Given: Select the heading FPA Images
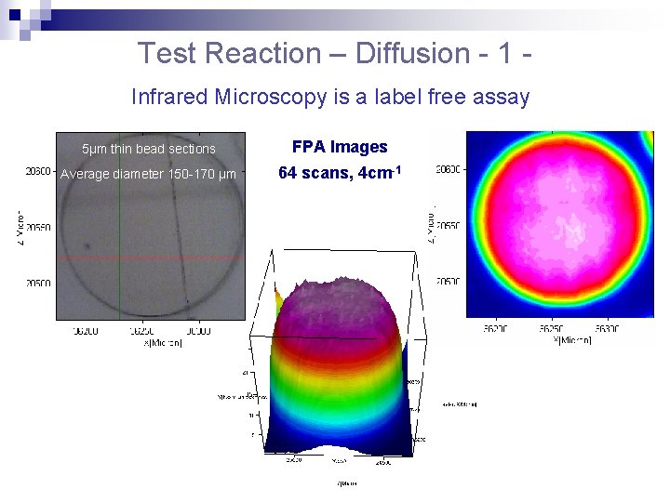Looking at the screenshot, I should tap(340, 147).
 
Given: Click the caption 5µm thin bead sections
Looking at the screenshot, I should tap(149, 149).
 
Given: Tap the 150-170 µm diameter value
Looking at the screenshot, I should tap(199, 173).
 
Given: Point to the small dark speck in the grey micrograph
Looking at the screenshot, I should tap(87, 246).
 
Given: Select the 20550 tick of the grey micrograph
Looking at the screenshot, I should tap(38, 227).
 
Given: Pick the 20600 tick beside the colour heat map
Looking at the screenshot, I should tap(449, 170).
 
